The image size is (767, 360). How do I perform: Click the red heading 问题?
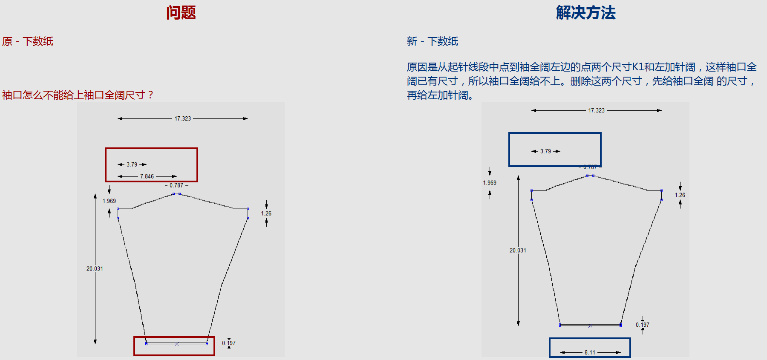click(x=181, y=13)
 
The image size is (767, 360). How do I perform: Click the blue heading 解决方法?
click(x=586, y=13)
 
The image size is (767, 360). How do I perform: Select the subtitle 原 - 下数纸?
click(x=28, y=41)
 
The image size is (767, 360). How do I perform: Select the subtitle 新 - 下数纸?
click(x=433, y=41)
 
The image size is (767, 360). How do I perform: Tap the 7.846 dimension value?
click(x=147, y=176)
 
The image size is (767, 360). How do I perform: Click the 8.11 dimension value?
click(x=590, y=352)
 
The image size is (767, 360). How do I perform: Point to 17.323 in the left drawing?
click(x=182, y=118)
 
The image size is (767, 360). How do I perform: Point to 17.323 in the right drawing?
click(x=596, y=110)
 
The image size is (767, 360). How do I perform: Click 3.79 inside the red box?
click(x=132, y=164)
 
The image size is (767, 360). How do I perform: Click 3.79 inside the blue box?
click(x=545, y=151)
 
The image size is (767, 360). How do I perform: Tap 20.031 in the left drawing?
click(x=95, y=269)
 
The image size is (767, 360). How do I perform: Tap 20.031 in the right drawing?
click(x=518, y=251)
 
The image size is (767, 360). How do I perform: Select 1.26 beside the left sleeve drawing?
click(x=266, y=213)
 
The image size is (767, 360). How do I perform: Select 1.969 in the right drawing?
click(x=490, y=183)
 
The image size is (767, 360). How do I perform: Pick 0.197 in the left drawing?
click(x=229, y=343)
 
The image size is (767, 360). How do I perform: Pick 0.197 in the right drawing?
click(x=643, y=325)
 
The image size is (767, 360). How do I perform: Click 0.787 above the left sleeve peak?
click(x=176, y=185)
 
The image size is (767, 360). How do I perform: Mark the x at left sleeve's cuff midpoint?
click(x=176, y=344)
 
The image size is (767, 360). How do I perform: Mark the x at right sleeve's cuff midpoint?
click(x=590, y=326)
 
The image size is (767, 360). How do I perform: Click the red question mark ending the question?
click(x=150, y=95)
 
